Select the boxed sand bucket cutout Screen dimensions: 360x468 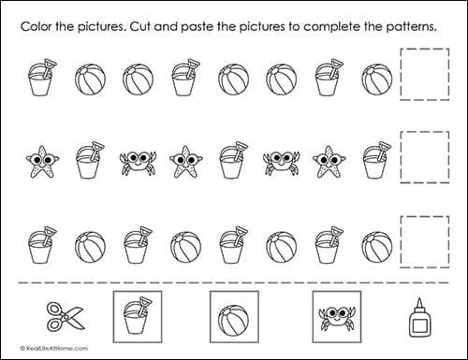point(137,317)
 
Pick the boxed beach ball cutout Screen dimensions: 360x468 point(233,317)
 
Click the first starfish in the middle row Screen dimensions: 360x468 point(42,161)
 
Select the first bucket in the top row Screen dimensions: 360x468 point(42,79)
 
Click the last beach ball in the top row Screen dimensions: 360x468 point(376,79)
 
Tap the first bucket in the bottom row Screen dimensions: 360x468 point(42,246)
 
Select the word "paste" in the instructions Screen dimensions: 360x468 point(212,25)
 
